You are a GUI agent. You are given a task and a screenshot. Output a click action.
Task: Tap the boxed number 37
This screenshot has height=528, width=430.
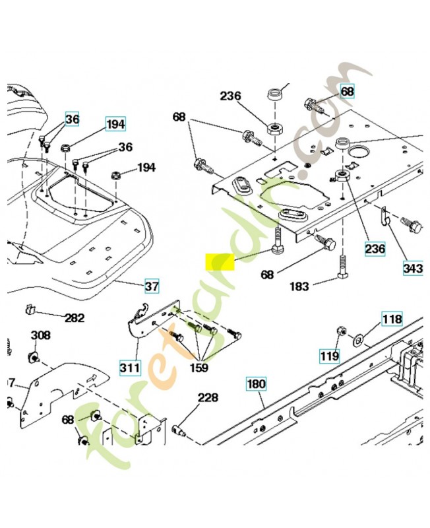pos(152,286)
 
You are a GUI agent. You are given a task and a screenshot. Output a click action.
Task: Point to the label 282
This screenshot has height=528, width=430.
pos(74,318)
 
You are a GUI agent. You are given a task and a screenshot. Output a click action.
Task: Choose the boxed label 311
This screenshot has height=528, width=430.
pos(129,365)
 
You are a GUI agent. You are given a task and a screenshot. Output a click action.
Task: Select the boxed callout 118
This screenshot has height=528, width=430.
pos(392,320)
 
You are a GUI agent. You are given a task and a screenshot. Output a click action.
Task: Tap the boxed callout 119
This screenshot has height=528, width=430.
pos(330,356)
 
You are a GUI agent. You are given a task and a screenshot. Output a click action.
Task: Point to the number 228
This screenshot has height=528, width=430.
pos(208,398)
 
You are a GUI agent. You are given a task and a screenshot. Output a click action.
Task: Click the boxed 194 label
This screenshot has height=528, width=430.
pos(116,123)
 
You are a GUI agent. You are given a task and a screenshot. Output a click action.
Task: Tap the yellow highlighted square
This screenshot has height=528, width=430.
pos(219,262)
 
